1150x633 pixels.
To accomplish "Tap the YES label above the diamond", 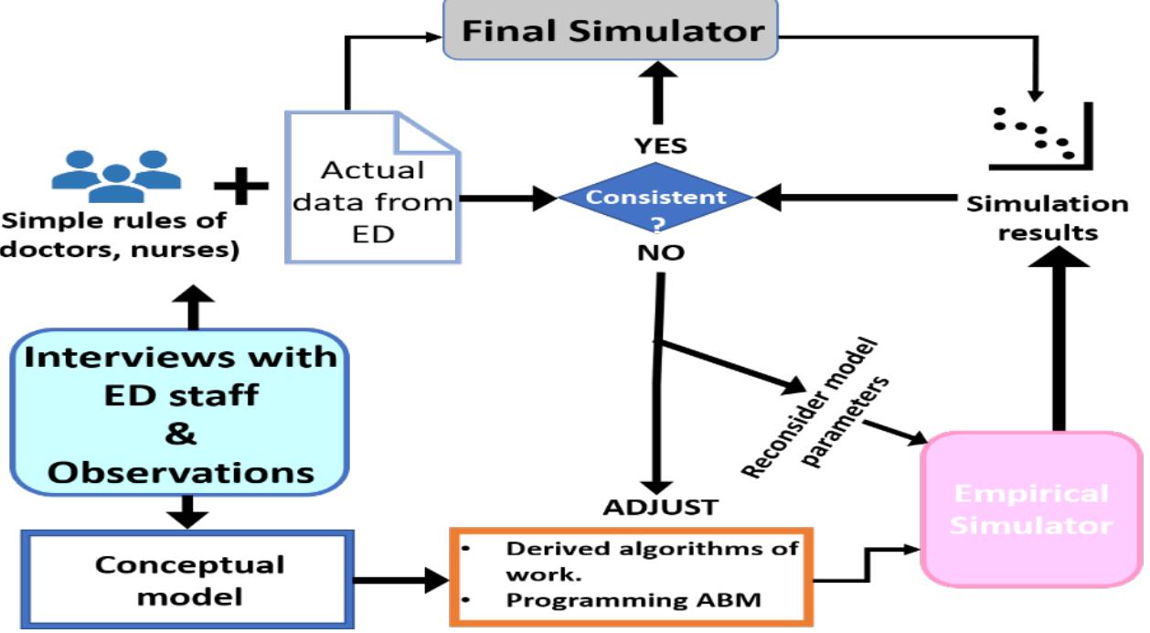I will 655,146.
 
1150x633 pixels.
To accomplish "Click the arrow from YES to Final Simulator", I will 655,96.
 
